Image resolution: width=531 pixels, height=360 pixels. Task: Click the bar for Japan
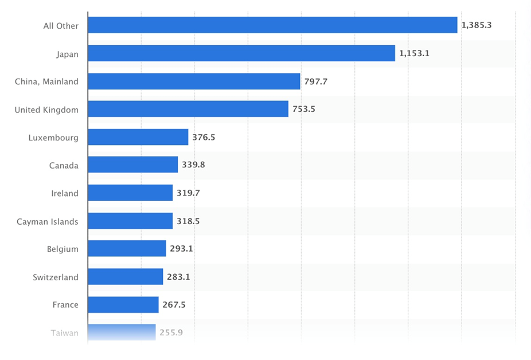[241, 53]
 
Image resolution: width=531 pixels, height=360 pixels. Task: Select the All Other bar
[272, 25]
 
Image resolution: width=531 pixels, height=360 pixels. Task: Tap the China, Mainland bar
[194, 81]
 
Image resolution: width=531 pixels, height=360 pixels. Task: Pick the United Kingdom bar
[188, 109]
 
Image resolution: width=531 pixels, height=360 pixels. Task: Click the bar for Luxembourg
[138, 137]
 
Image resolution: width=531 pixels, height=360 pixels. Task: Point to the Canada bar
[133, 165]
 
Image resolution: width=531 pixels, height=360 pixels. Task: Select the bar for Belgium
[127, 249]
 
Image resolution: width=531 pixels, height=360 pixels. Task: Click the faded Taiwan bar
[122, 332]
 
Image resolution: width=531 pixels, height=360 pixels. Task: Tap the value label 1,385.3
[477, 25]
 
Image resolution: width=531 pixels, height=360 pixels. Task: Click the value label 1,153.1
[414, 54]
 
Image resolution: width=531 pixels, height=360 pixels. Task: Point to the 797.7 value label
[316, 81]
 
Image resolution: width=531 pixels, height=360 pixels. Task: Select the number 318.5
[188, 221]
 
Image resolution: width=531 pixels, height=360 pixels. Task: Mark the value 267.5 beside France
[174, 305]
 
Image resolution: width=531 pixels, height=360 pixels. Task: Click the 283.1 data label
[178, 277]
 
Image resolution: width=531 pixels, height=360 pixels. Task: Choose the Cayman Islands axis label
[48, 221]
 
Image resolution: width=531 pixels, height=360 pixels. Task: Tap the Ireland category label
[65, 193]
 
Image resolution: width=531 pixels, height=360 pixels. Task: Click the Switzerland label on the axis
[56, 277]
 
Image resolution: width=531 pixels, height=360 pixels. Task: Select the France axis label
[65, 305]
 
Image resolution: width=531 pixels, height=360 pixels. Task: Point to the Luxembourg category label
[53, 138]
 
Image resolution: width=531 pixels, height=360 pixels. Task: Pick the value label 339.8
[193, 165]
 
